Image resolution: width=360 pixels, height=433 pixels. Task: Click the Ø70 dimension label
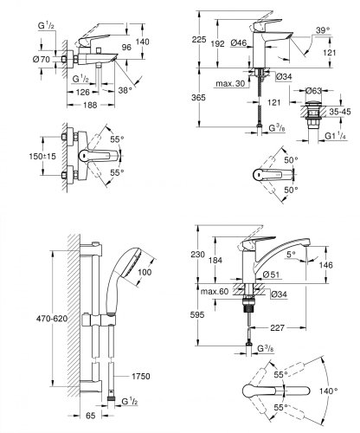[42, 60]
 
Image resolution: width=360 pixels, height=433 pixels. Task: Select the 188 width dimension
[90, 105]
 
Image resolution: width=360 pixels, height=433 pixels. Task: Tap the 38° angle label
[125, 90]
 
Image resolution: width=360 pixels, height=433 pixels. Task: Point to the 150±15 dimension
[42, 156]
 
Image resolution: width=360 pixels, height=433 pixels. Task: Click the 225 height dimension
[199, 39]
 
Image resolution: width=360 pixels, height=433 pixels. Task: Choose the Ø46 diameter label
[239, 43]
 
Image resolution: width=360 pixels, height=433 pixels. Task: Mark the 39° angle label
[323, 30]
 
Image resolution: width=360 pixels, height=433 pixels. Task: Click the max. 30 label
[230, 84]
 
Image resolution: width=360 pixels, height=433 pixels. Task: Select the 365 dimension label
[198, 98]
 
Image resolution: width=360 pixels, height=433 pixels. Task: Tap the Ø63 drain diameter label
[314, 91]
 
